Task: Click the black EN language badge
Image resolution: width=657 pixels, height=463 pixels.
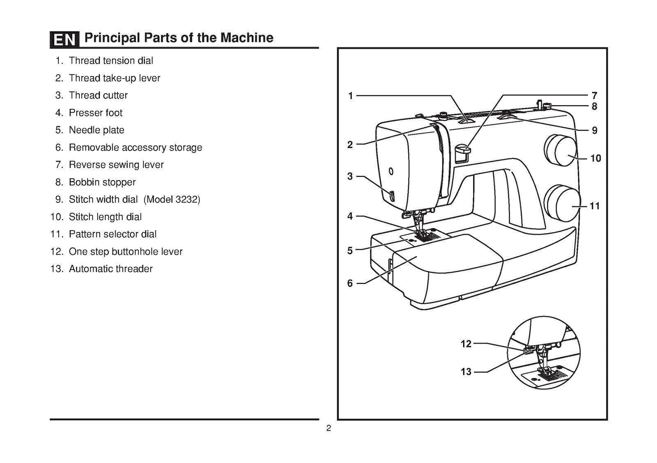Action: click(x=64, y=39)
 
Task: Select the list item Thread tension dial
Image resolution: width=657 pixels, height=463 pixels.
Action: click(x=110, y=61)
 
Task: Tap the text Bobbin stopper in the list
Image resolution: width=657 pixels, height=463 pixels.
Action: click(x=102, y=182)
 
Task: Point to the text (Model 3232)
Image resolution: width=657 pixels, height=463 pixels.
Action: click(x=172, y=199)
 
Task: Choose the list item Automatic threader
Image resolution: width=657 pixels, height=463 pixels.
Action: click(x=110, y=269)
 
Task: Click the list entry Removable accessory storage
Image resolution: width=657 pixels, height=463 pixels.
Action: click(x=135, y=147)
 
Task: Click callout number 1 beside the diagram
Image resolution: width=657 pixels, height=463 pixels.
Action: click(x=350, y=96)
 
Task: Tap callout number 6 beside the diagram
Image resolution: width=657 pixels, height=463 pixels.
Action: click(x=350, y=283)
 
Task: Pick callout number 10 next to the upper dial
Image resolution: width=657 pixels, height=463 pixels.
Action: click(x=595, y=158)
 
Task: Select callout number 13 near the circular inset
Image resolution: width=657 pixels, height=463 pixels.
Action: click(x=466, y=372)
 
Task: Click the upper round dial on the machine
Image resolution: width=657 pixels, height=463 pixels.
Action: click(x=561, y=150)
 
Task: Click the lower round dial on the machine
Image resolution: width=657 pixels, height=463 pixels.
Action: click(x=562, y=204)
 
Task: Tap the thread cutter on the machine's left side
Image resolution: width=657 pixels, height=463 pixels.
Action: click(x=391, y=196)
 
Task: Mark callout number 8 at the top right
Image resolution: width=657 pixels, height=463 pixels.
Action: click(x=594, y=107)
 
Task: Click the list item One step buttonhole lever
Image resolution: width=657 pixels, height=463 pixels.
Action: click(x=125, y=252)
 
